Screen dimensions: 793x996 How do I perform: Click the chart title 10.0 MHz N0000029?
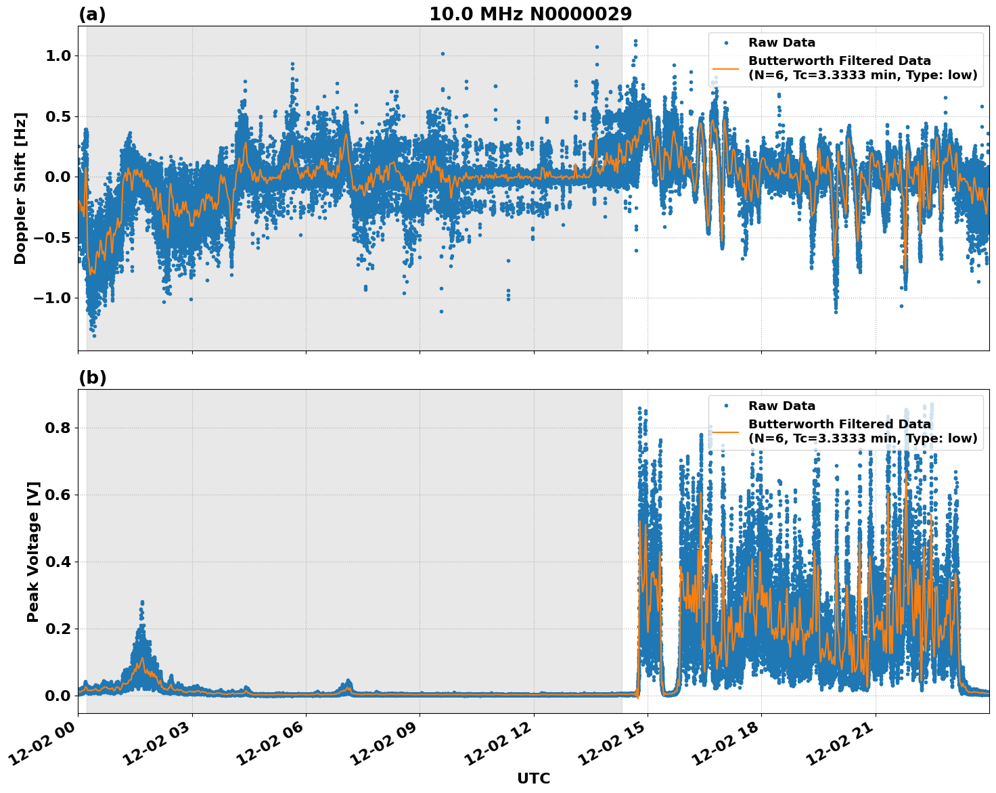tap(530, 14)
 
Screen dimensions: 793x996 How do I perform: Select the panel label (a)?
tap(92, 14)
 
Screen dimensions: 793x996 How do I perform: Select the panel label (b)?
tap(92, 378)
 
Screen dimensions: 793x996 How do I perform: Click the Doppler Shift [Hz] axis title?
tap(20, 188)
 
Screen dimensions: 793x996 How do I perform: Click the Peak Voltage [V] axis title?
tap(33, 551)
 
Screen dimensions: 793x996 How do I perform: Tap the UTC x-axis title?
tap(533, 778)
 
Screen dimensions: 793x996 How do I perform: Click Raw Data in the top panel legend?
tap(782, 43)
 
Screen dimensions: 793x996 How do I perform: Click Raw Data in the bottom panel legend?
tap(782, 406)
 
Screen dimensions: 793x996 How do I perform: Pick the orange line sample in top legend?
tap(725, 68)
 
